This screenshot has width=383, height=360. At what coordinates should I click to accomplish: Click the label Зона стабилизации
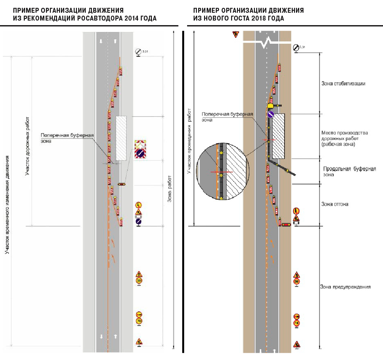click(343, 84)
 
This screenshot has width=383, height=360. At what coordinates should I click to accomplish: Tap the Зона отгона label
click(335, 204)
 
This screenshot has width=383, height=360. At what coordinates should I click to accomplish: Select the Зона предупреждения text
click(345, 287)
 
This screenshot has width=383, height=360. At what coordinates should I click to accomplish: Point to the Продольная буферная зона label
click(349, 171)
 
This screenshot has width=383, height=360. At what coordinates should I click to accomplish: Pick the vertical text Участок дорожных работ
click(27, 146)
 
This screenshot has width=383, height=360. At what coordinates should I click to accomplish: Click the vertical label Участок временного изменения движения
click(7, 205)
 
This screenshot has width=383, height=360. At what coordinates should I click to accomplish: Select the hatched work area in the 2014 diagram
click(121, 138)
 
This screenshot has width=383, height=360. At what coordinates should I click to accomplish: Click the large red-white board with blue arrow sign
click(140, 149)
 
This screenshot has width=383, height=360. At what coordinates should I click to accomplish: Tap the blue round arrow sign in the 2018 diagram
click(271, 114)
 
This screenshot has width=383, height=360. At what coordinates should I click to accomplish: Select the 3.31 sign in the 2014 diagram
click(139, 52)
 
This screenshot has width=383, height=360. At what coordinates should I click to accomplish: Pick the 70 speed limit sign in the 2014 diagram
click(139, 321)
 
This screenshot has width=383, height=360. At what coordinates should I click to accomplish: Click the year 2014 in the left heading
click(132, 18)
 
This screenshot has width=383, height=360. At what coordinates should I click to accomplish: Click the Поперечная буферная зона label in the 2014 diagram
click(67, 138)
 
